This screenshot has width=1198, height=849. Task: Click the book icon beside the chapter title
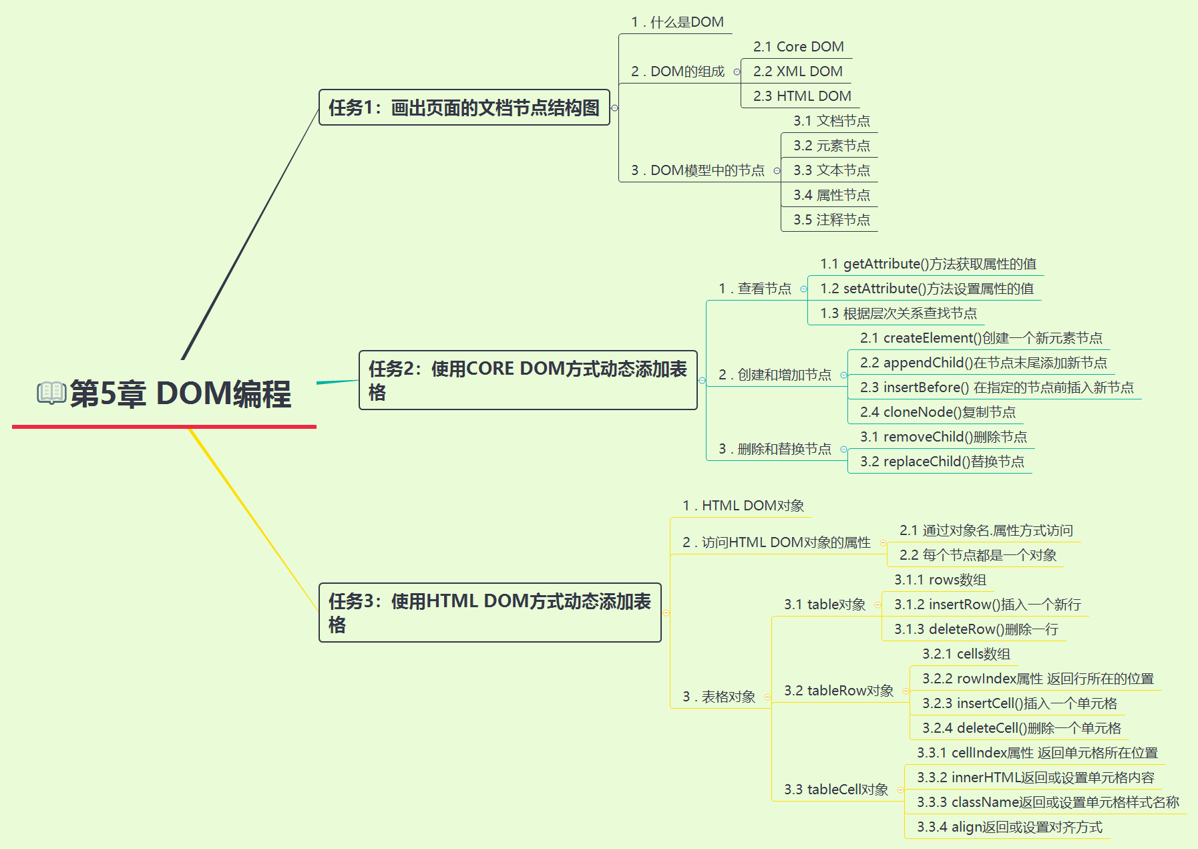click(51, 393)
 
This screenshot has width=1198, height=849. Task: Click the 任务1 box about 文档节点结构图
click(464, 108)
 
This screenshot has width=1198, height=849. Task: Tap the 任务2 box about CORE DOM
click(528, 380)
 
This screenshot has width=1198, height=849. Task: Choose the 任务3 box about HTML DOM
click(490, 613)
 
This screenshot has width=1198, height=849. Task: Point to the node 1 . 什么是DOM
click(677, 22)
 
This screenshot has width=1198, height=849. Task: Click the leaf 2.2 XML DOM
click(797, 71)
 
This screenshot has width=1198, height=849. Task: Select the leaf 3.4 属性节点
click(831, 195)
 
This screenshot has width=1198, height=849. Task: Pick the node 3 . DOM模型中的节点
click(698, 170)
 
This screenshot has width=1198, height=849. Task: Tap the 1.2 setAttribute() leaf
click(927, 289)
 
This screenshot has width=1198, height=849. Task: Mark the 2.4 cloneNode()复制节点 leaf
click(938, 412)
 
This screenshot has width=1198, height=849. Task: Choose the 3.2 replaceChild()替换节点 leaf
click(942, 462)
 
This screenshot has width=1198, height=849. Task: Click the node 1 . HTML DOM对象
click(743, 506)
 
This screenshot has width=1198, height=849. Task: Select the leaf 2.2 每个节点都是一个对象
click(978, 555)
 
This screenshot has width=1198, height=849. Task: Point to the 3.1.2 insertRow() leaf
click(988, 605)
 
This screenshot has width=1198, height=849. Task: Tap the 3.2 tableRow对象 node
click(839, 691)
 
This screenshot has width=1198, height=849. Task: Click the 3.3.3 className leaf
click(1048, 802)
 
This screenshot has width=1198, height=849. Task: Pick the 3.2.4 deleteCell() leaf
click(1022, 728)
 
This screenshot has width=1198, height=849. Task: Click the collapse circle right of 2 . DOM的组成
click(737, 72)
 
